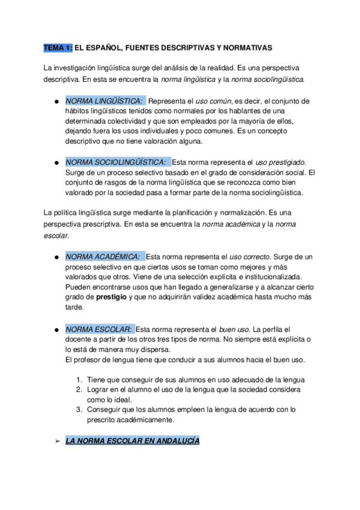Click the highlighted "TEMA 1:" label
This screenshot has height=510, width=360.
coord(58,47)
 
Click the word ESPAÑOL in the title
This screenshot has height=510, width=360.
coord(105,47)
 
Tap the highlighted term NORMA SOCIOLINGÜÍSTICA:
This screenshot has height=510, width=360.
coord(117,162)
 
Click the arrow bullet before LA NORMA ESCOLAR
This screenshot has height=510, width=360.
coord(57,441)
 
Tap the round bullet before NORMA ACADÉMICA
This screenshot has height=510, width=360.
coord(55,257)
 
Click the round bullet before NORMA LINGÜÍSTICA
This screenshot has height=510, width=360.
coord(55,101)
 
